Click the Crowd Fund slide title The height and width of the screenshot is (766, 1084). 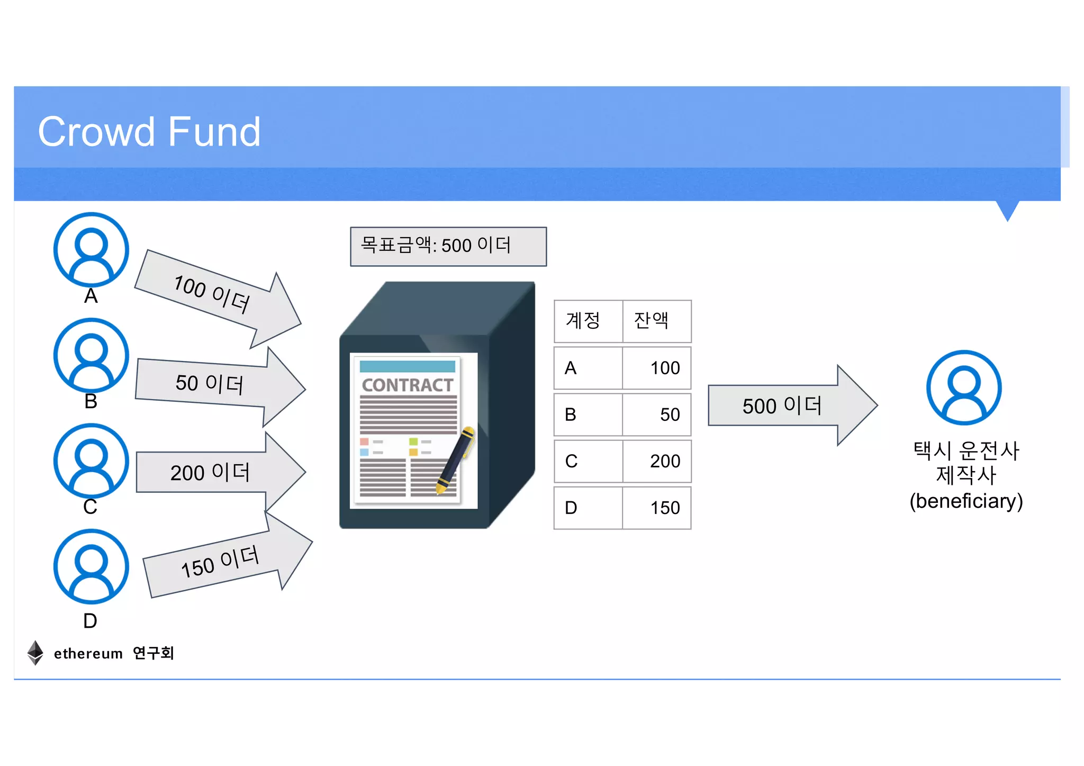tap(149, 132)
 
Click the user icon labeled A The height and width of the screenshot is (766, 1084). tap(91, 249)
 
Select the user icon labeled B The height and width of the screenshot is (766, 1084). tap(91, 355)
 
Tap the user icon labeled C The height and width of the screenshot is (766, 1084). tap(91, 460)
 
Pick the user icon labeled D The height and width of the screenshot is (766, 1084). tap(91, 566)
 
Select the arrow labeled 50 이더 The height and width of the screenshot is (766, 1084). tap(217, 385)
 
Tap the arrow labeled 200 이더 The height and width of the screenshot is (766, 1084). tap(217, 472)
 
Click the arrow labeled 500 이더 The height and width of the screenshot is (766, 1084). tap(789, 405)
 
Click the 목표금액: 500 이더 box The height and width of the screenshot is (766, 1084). tap(448, 246)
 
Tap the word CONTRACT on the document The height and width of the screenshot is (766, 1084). tap(408, 385)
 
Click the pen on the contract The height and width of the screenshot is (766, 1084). tap(455, 459)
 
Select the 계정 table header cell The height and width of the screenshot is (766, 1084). tap(588, 321)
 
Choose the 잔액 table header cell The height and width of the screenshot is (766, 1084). tap(656, 321)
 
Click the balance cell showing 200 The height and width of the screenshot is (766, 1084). tap(657, 461)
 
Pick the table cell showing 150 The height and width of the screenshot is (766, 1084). tap(657, 508)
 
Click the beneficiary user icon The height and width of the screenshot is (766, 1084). tap(964, 387)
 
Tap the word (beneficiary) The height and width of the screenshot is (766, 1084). tap(966, 501)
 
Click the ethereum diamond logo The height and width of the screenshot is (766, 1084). tap(35, 653)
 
